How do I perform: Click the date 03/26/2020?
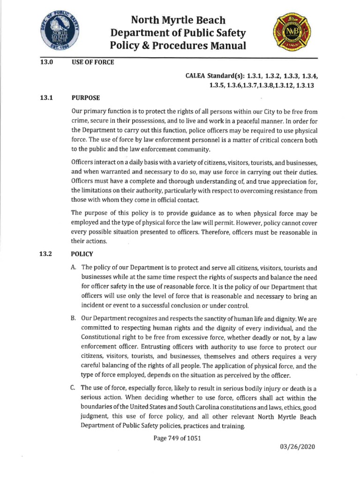pos(298,446)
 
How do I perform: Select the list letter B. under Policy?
pos(74,318)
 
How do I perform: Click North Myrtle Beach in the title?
pos(178,20)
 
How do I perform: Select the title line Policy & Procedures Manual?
pos(178,45)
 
